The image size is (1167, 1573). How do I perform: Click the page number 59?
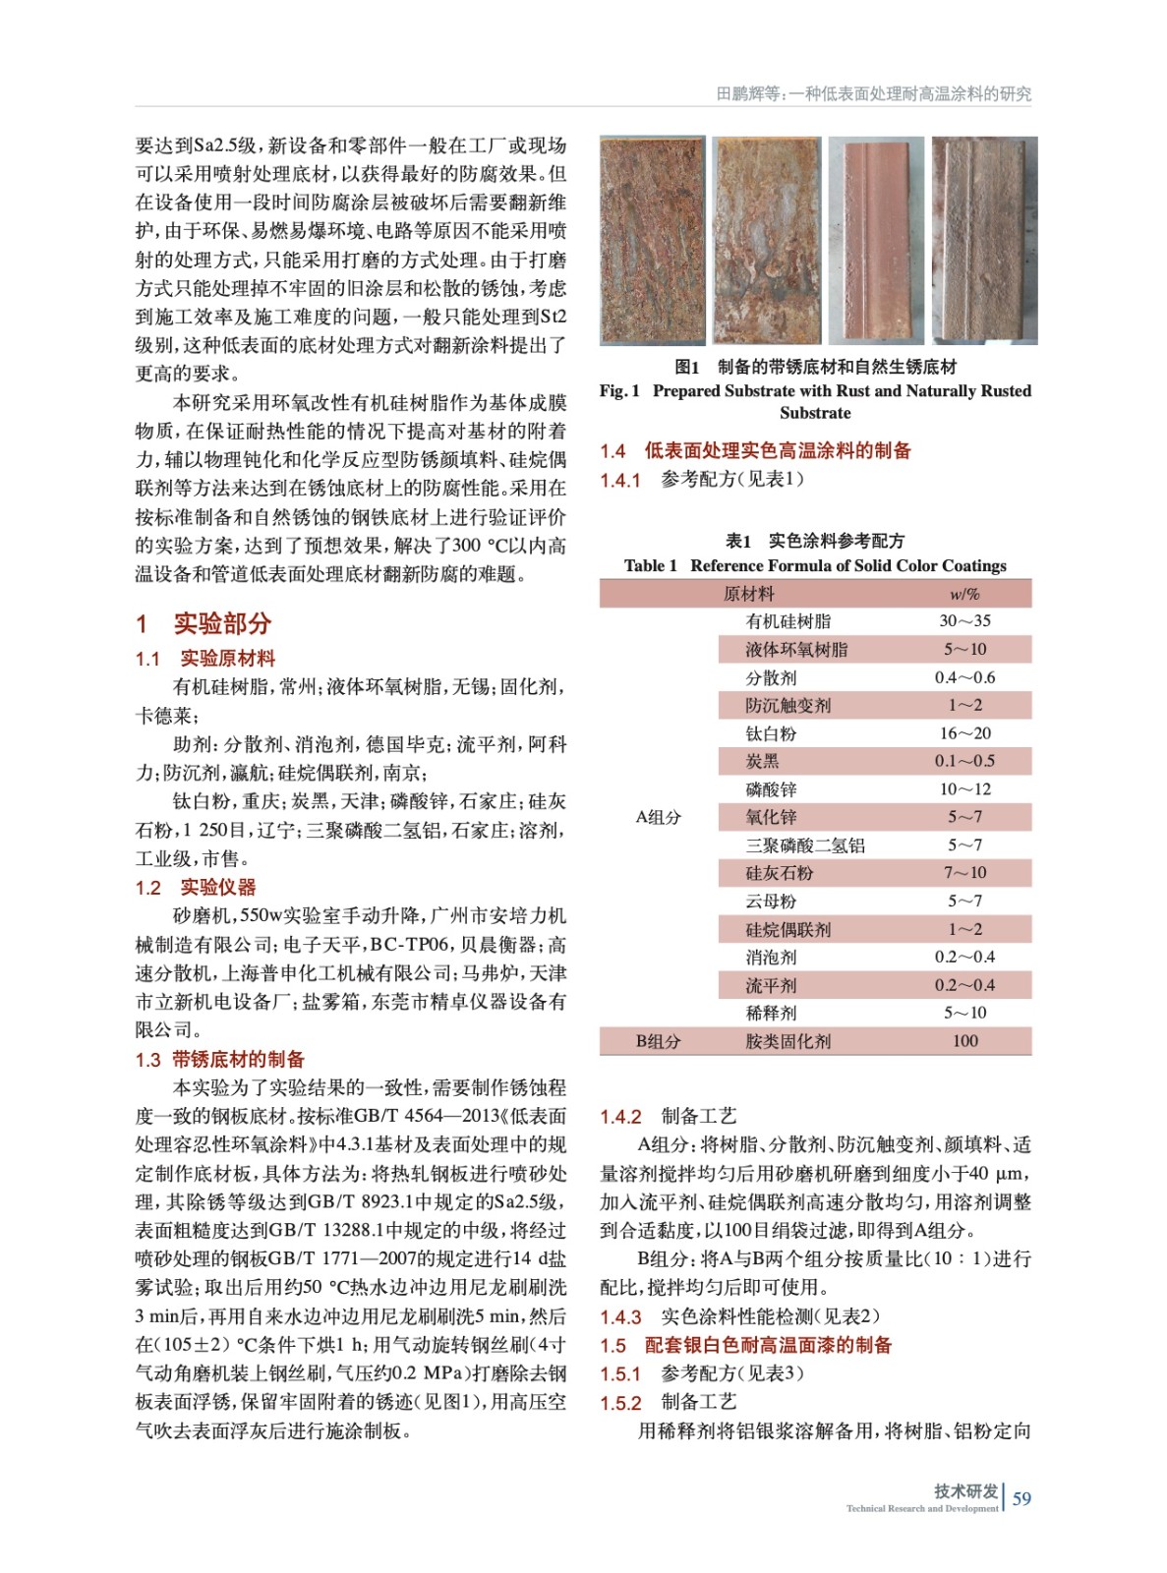pyautogui.click(x=1021, y=1498)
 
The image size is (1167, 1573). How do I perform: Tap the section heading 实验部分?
pyautogui.click(x=221, y=623)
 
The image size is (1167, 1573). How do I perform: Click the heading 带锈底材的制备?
pyautogui.click(x=238, y=1059)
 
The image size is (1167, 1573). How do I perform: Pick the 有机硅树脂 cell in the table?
pyautogui.click(x=788, y=621)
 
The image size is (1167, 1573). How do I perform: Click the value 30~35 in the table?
pyautogui.click(x=964, y=621)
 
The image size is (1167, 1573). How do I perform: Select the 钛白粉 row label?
pyautogui.click(x=771, y=733)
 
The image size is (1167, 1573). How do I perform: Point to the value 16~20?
pyautogui.click(x=964, y=733)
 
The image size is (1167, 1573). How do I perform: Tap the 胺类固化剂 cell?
pyautogui.click(x=788, y=1041)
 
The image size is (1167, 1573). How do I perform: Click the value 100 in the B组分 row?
pyautogui.click(x=964, y=1041)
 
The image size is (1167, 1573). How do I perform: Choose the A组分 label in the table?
pyautogui.click(x=658, y=817)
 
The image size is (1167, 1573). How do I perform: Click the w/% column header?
pyautogui.click(x=964, y=594)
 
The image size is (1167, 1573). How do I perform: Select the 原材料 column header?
pyautogui.click(x=748, y=594)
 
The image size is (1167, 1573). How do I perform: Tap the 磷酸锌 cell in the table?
pyautogui.click(x=771, y=789)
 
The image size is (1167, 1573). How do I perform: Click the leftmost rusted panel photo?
pyautogui.click(x=652, y=240)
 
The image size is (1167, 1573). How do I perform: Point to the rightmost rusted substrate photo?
pyautogui.click(x=984, y=240)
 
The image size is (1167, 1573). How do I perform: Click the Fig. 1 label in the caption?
pyautogui.click(x=619, y=391)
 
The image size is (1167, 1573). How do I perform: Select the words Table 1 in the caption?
pyautogui.click(x=650, y=565)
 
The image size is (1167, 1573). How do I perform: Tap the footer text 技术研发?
pyautogui.click(x=965, y=1490)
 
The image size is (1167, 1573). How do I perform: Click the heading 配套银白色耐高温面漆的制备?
pyautogui.click(x=768, y=1345)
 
